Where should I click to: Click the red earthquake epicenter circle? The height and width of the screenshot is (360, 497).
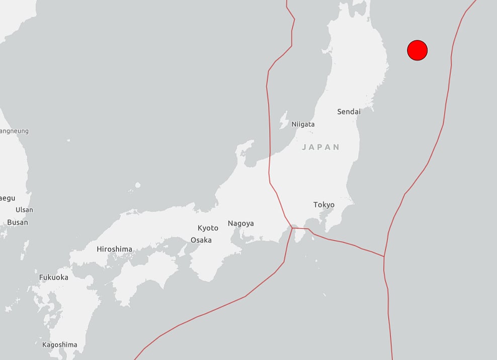(x=417, y=50)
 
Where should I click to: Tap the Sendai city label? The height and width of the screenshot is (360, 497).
(x=349, y=111)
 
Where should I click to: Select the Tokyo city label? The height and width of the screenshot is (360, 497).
(x=323, y=204)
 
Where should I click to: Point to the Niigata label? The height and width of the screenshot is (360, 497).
(x=303, y=124)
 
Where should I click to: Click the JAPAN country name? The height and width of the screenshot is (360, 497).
(x=321, y=147)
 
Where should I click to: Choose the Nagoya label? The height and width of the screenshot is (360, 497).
(x=240, y=223)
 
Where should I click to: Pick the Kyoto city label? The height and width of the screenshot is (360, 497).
(x=208, y=228)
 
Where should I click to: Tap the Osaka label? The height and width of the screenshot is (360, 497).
(x=201, y=240)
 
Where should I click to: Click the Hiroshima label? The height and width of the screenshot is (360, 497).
(x=114, y=249)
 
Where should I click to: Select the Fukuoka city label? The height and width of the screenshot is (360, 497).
(x=53, y=277)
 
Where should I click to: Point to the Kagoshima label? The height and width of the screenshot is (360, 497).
(x=60, y=345)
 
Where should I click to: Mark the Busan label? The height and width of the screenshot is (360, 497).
(x=18, y=222)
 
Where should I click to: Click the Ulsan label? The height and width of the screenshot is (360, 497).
(x=24, y=209)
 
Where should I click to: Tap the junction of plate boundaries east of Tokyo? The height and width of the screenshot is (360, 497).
(x=384, y=256)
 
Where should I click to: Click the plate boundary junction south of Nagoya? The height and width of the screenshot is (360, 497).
(x=292, y=228)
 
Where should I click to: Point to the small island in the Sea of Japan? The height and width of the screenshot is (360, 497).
(x=137, y=185)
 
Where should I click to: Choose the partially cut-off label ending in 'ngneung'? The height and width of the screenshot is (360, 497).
(x=14, y=131)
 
